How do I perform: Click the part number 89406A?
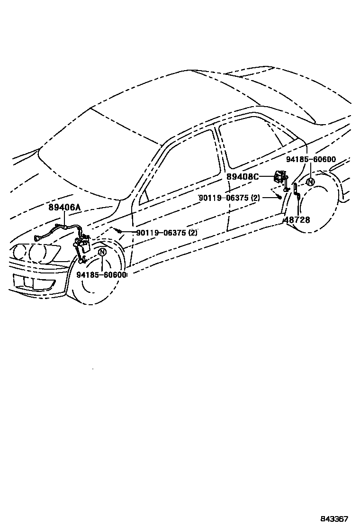(x=64, y=207)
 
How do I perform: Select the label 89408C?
(x=242, y=177)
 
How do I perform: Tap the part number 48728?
(x=297, y=220)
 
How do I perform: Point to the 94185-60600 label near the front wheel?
(x=101, y=275)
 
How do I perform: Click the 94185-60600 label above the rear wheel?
(x=311, y=160)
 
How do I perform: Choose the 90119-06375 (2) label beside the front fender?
(x=166, y=233)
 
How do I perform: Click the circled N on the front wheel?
(x=102, y=253)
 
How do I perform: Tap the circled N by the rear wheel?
(x=310, y=182)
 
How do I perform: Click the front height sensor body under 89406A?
(x=85, y=245)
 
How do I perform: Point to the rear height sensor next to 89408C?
(x=279, y=178)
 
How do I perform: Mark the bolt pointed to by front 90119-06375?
(x=121, y=231)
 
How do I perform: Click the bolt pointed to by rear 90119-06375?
(x=280, y=196)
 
